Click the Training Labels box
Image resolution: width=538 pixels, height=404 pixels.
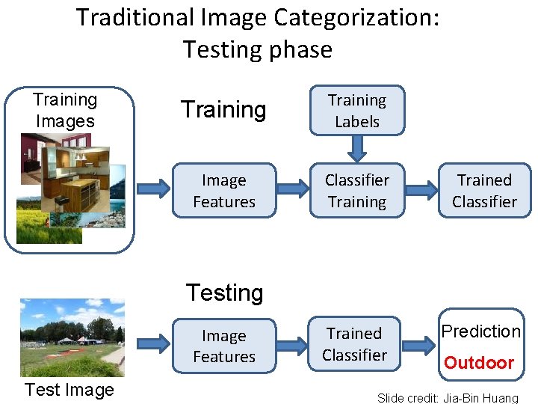pos(357,111)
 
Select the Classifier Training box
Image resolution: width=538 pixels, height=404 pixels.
pos(357,191)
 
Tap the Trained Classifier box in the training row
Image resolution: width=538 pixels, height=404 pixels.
pos(484,191)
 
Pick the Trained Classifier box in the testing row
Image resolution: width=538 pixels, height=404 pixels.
pos(355,344)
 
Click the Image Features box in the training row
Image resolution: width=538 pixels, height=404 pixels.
pos(224,191)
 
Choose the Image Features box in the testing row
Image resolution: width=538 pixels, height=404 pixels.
pos(224,346)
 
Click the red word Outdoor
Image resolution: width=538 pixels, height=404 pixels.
pos(479,363)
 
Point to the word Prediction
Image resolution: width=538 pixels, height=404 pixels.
pos(480,331)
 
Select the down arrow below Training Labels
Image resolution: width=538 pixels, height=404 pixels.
pos(357,149)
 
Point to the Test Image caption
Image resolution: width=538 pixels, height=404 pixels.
pos(69,390)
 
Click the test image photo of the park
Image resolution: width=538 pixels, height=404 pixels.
pos(72,337)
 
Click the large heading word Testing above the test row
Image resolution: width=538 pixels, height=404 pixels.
pos(224,293)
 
